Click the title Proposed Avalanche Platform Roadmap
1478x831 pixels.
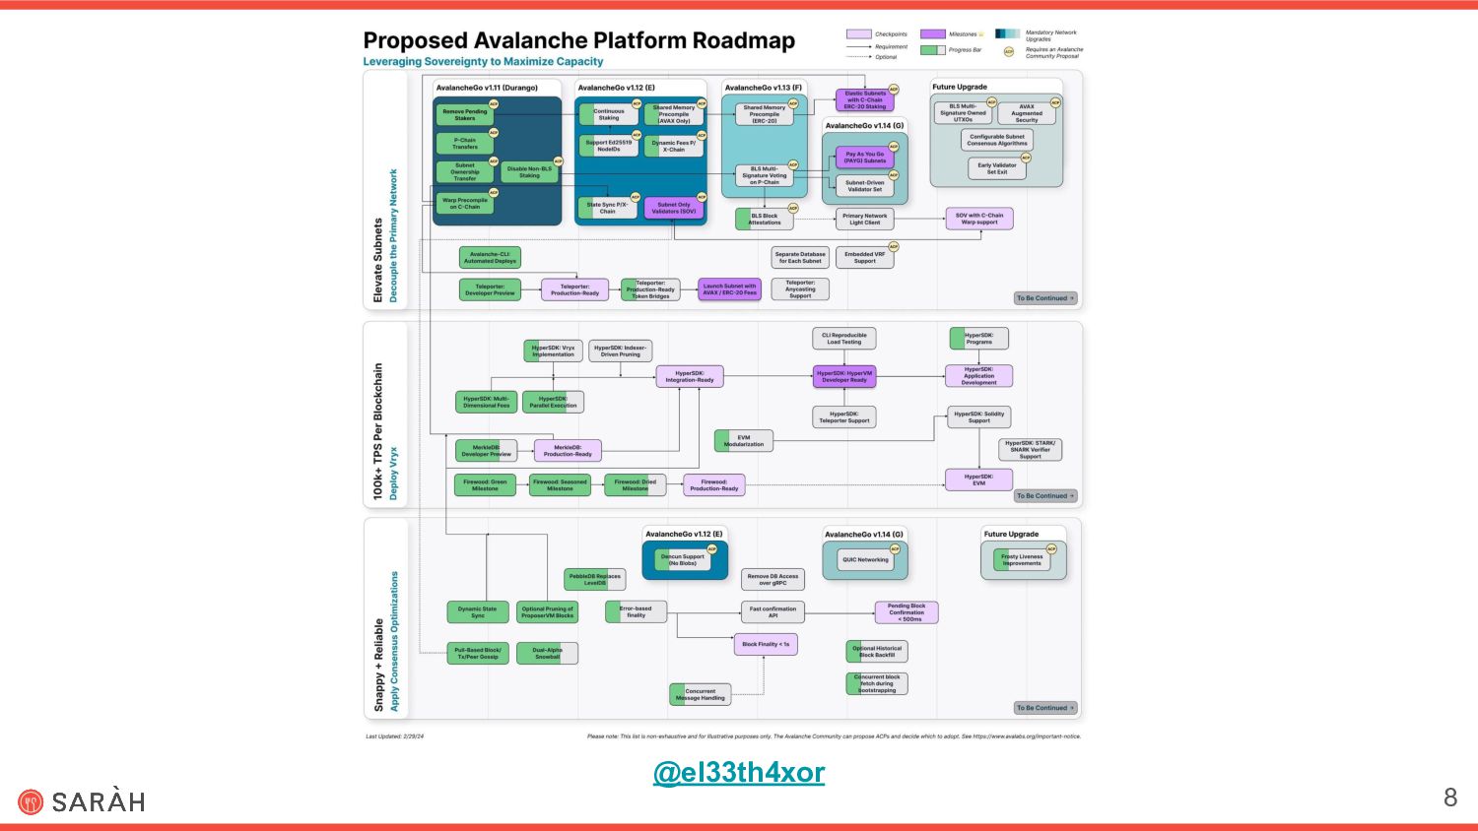pos(578,40)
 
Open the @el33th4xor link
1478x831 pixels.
pos(739,772)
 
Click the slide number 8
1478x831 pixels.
pos(1449,798)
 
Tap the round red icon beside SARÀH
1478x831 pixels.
pos(31,802)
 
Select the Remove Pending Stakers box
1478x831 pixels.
pos(464,115)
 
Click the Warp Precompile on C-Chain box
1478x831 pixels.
pos(464,204)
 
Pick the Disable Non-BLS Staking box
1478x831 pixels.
pos(529,172)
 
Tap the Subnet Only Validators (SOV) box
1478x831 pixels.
pos(674,208)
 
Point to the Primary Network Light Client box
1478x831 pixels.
pos(864,219)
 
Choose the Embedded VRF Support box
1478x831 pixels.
pos(864,258)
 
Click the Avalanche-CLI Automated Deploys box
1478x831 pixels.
pos(490,258)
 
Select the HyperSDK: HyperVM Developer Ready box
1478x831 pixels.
pos(844,376)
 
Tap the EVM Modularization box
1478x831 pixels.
pos(744,441)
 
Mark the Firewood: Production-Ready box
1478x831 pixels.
pos(713,485)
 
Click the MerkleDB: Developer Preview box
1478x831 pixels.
pos(486,451)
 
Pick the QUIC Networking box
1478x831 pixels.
pos(865,560)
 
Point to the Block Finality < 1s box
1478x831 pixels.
pos(766,645)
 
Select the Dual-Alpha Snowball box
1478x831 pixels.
pos(547,653)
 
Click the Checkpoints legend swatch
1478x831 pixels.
pos(858,34)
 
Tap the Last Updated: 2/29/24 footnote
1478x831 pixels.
pos(394,736)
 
